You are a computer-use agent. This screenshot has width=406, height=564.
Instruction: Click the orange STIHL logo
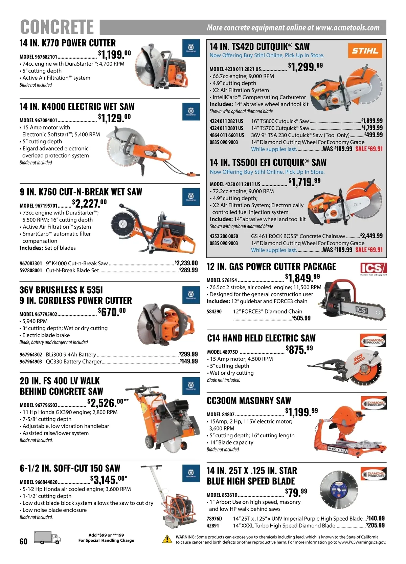click(x=365, y=51)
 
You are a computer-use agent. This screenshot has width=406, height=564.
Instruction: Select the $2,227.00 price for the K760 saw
click(x=89, y=203)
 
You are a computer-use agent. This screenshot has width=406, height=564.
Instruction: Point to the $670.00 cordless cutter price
click(x=112, y=312)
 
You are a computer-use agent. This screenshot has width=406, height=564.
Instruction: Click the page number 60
click(x=23, y=541)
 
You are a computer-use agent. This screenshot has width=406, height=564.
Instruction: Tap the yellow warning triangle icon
click(x=167, y=539)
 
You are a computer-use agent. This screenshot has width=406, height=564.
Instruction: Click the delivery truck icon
click(x=48, y=538)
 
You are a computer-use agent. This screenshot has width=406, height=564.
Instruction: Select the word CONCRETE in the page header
click(x=57, y=27)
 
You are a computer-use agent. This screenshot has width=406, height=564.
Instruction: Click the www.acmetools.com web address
click(x=347, y=27)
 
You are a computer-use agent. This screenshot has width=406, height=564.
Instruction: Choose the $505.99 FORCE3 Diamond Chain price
click(x=301, y=318)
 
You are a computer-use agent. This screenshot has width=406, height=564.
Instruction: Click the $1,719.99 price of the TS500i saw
click(x=304, y=182)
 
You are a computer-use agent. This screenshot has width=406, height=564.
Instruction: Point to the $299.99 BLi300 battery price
click(x=188, y=354)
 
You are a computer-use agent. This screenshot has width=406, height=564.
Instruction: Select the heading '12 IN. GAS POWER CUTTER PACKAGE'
click(x=271, y=266)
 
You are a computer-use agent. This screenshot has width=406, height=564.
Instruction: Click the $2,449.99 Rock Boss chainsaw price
click(x=371, y=236)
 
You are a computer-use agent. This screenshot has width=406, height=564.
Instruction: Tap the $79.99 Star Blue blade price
click(x=296, y=493)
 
